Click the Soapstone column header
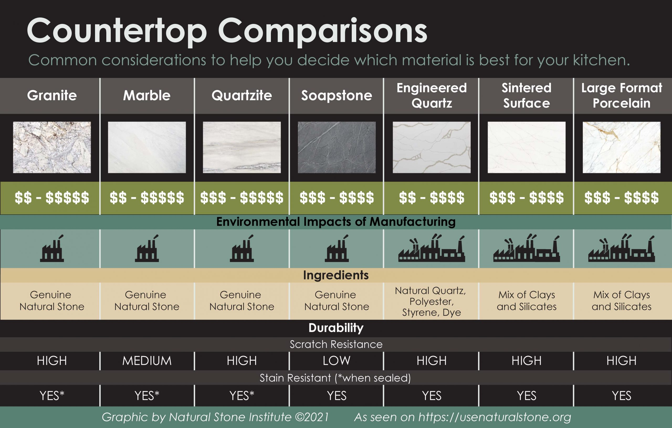(336, 96)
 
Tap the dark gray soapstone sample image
(337, 147)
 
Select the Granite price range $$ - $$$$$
(52, 198)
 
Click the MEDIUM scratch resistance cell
(147, 361)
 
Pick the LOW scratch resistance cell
(337, 361)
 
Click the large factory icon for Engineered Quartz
(432, 248)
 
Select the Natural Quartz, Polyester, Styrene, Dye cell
(431, 301)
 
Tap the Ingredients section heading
(336, 275)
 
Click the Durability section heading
(336, 328)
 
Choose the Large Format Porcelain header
(622, 96)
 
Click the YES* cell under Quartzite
(242, 396)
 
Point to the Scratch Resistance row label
(336, 344)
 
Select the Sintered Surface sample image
(526, 147)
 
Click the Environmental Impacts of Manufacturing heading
(336, 222)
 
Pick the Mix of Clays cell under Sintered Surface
(526, 301)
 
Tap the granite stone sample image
(52, 147)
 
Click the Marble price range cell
(147, 198)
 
